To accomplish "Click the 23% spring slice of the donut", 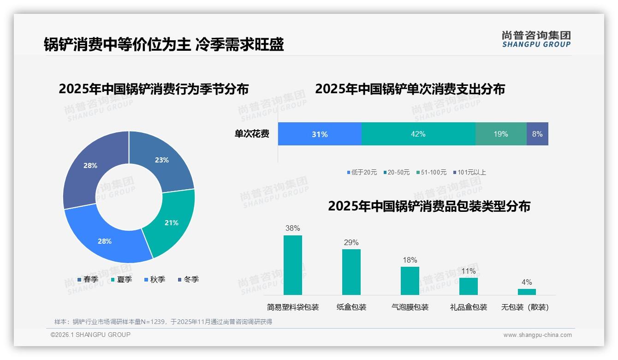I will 161,160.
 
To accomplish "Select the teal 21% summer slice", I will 171,222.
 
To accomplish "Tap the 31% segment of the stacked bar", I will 320,134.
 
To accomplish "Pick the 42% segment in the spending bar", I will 418,134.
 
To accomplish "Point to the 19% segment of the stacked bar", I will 500,134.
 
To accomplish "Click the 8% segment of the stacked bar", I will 537,134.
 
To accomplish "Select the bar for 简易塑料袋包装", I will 292,265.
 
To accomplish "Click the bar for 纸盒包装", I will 351,272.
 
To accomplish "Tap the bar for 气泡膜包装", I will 410,281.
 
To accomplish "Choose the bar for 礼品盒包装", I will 468,286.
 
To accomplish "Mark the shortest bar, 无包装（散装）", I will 527,292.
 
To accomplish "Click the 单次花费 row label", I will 252,134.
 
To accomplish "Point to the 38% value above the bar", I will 292,228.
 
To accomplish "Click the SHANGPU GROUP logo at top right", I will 536,39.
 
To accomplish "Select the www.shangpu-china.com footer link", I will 537,335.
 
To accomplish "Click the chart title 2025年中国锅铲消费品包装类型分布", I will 429,206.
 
